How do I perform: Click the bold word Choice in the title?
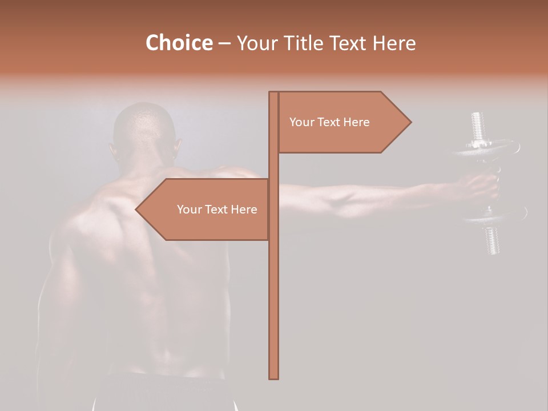click(x=179, y=43)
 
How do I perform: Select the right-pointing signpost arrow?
click(x=342, y=122)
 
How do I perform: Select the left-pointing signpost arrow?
click(x=205, y=209)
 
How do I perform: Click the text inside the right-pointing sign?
click(x=329, y=122)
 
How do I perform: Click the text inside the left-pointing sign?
click(x=217, y=209)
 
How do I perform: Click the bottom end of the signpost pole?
click(x=274, y=377)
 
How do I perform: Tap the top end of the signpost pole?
click(x=274, y=94)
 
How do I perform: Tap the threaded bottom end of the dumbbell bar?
click(x=493, y=240)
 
